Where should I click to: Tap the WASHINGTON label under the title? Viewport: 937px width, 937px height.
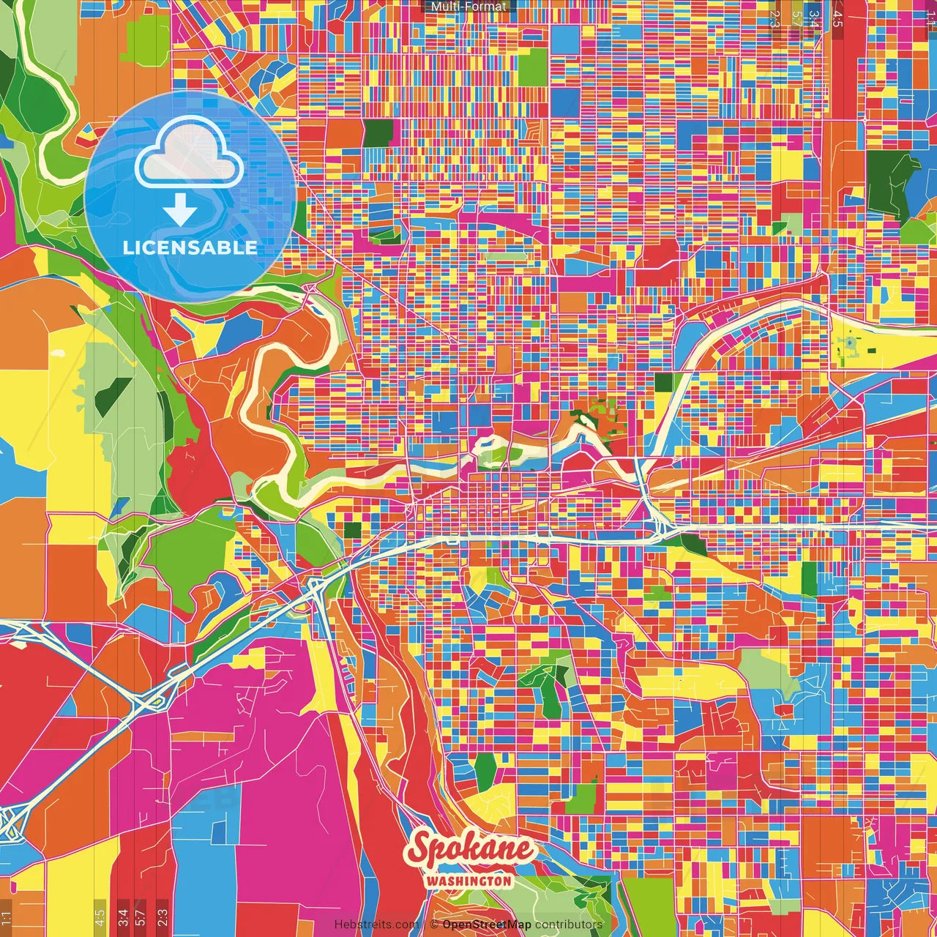point(468,881)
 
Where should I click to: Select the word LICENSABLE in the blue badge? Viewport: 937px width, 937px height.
point(190,247)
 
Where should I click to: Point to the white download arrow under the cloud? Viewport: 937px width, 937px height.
point(179,212)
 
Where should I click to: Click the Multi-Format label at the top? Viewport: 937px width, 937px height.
point(468,7)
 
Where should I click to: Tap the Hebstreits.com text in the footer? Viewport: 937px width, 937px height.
point(377,925)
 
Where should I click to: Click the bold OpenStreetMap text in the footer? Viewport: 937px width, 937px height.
point(487,925)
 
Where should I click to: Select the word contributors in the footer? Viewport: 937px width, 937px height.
point(569,925)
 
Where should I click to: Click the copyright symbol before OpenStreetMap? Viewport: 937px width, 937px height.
point(434,925)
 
